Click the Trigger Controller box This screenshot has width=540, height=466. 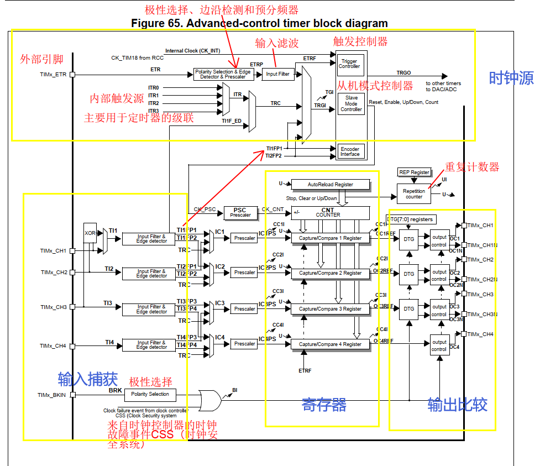click(349, 64)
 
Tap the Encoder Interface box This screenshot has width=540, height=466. click(350, 151)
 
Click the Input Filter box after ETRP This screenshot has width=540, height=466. click(278, 74)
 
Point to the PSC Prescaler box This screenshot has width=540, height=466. click(239, 212)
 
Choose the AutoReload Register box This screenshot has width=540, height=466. click(322, 184)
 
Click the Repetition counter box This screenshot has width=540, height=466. click(414, 193)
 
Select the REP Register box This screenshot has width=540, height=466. click(414, 172)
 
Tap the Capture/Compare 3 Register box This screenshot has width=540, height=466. click(330, 309)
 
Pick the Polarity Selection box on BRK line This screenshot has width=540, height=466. click(151, 395)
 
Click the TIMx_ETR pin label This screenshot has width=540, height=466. click(52, 74)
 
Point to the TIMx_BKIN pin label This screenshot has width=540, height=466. click(51, 395)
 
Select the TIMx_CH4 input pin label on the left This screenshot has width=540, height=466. click(53, 346)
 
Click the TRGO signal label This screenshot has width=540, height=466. click(403, 72)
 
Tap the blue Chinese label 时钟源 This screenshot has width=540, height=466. click(511, 78)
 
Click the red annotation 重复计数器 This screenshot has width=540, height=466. click(473, 167)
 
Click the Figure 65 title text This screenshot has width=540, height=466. click(259, 23)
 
